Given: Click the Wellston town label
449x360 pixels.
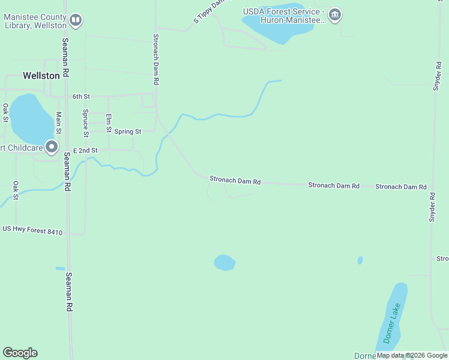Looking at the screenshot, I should [x=41, y=76].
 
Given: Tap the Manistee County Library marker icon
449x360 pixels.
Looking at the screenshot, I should [x=76, y=21].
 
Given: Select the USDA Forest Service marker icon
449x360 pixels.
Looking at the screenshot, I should [x=335, y=15].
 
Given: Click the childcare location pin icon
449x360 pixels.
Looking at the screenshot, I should [x=52, y=146].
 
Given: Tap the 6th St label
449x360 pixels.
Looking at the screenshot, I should [x=81, y=96].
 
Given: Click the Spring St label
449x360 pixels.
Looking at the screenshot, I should [x=128, y=131].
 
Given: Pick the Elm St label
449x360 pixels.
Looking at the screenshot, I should [x=109, y=122].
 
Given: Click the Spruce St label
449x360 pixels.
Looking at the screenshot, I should [x=86, y=122].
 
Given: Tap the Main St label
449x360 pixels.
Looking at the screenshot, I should [x=59, y=122].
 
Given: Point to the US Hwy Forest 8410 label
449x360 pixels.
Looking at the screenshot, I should [x=32, y=229].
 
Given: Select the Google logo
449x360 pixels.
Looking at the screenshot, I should [x=20, y=353].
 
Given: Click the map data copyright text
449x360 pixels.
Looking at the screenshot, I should [x=412, y=355].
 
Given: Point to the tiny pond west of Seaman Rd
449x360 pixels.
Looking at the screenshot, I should [x=60, y=268].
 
